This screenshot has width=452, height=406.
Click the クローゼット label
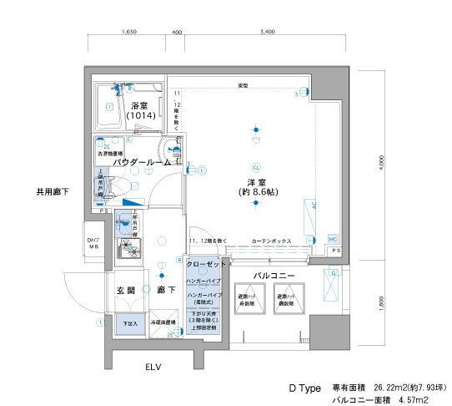coord(207,265)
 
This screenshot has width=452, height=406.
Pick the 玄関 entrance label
coord(125,290)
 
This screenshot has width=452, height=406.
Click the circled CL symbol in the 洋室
coord(257,166)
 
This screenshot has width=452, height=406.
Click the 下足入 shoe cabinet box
coord(128,322)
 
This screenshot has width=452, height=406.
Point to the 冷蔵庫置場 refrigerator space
coord(163,322)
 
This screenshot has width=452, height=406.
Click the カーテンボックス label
coord(271,240)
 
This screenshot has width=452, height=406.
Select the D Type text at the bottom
coord(305,389)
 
